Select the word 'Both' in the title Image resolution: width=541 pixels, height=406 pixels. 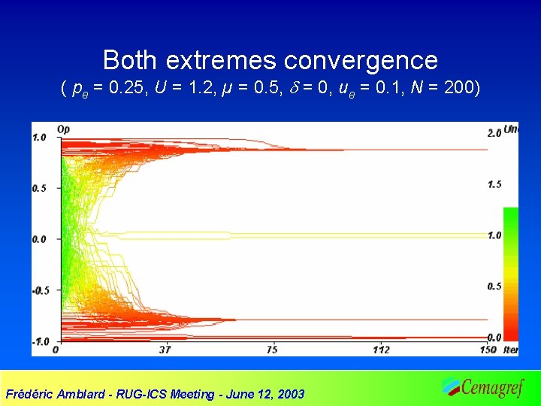131,60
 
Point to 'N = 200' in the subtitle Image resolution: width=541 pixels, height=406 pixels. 442,89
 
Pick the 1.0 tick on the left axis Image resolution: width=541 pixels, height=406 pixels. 39,138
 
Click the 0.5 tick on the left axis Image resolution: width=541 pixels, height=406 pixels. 39,188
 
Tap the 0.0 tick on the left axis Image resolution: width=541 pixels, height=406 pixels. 39,239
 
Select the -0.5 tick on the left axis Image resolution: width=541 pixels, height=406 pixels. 38,290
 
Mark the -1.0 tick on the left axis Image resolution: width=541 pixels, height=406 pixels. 38,341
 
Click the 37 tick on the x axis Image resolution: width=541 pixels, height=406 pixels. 165,350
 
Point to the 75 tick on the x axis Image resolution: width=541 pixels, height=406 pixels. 272,350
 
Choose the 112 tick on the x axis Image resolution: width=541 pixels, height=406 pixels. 381,350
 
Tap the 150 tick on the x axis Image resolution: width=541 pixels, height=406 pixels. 488,350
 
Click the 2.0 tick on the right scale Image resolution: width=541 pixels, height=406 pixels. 494,133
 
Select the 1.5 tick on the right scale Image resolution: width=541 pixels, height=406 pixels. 494,184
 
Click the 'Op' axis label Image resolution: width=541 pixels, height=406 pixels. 64,128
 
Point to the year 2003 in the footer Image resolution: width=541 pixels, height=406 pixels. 290,394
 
